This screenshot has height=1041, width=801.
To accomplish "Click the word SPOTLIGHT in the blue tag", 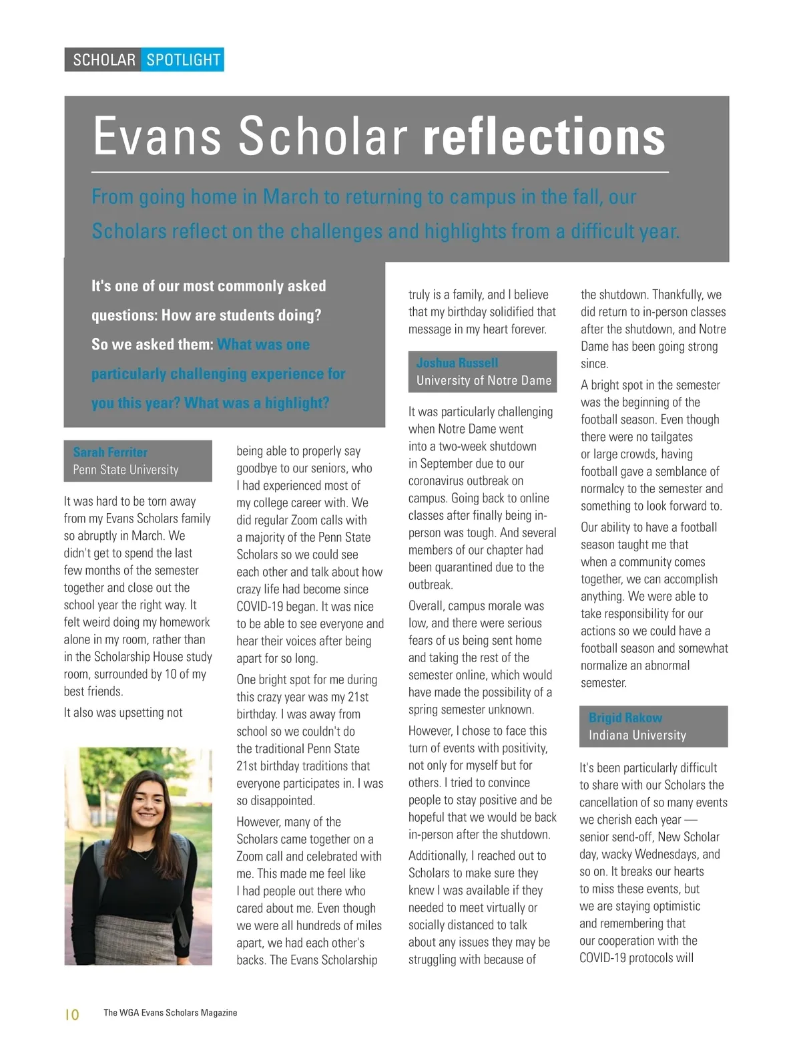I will [183, 60].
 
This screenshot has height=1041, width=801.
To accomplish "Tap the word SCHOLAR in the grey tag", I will [104, 60].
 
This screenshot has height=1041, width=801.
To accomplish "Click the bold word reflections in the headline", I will [544, 136].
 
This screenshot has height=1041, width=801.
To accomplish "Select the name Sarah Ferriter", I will [110, 452].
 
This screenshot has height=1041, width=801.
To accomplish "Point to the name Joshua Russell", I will [457, 363].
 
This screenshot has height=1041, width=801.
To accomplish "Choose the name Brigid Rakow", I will [625, 718].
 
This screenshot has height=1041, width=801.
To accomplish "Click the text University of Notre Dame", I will [484, 380].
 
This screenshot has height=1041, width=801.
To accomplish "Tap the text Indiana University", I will [637, 735].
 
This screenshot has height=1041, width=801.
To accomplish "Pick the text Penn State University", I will [125, 470].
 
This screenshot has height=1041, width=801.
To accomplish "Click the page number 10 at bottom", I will [72, 1014].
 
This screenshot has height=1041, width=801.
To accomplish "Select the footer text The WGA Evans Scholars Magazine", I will [170, 1013].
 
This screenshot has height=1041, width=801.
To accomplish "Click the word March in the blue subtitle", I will [292, 197].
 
